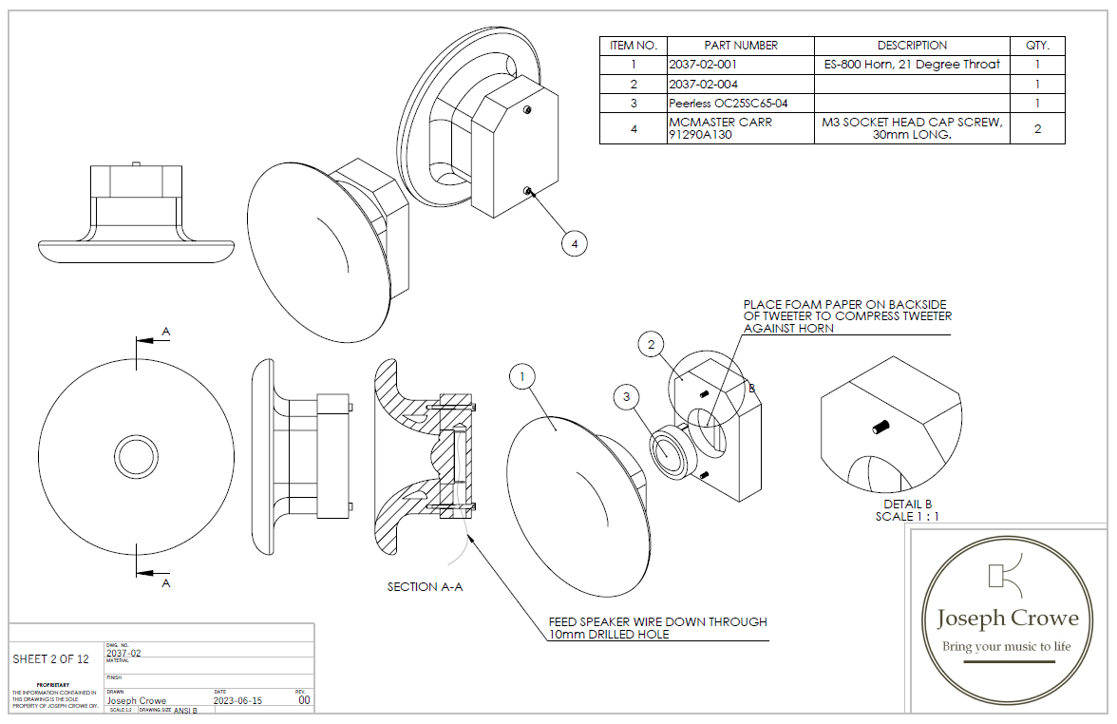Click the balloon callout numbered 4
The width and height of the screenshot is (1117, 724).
[573, 244]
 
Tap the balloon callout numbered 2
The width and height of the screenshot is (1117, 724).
[651, 344]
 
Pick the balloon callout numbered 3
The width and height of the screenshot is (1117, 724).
[626, 395]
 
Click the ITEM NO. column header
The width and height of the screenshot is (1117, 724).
[634, 46]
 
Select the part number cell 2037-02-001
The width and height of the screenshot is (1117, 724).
[703, 65]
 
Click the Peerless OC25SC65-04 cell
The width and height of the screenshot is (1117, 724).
[729, 103]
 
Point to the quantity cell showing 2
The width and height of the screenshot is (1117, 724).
[1037, 129]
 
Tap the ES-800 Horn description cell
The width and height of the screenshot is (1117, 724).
[912, 65]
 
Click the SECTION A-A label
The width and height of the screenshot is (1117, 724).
[425, 587]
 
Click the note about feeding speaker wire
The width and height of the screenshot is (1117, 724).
[657, 628]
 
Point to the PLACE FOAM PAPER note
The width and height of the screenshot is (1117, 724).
[847, 315]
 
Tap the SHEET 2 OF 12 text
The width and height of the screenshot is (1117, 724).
[51, 658]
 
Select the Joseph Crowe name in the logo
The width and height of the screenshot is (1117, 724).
[1008, 619]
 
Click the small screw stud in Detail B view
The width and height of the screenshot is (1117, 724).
[880, 428]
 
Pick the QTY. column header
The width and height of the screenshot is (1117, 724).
[1037, 46]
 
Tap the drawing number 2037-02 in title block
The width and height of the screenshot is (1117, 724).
[124, 654]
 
